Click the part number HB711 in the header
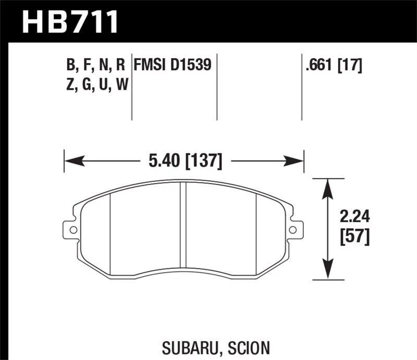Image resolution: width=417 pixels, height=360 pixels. coord(70,21)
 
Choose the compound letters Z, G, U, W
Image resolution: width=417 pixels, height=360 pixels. coord(96,84)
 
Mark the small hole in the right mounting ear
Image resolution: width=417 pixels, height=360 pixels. coord(294,229)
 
